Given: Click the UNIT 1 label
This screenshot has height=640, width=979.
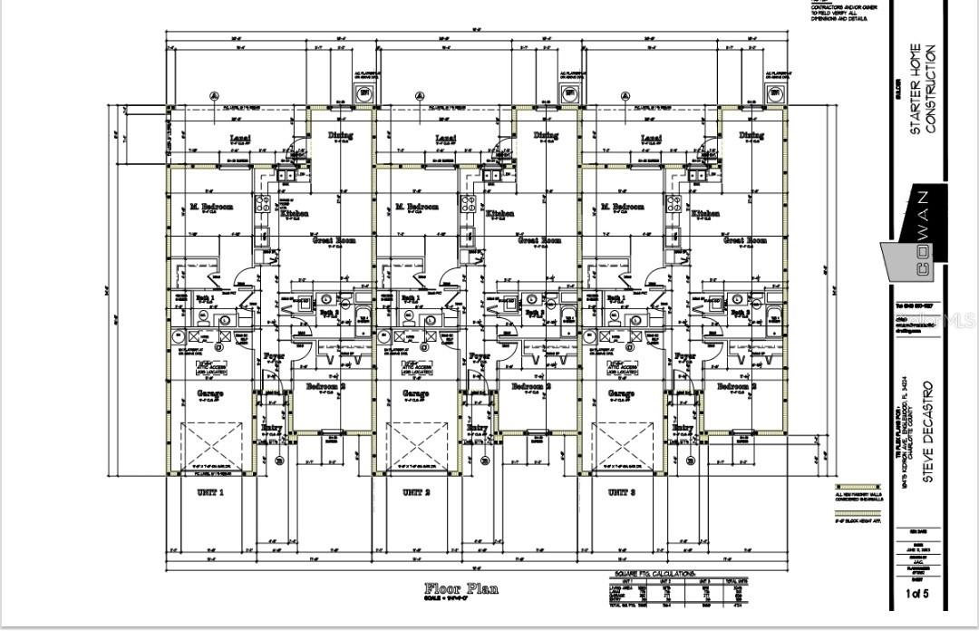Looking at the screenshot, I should tap(210, 492).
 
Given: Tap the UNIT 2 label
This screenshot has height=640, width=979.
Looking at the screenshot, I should tap(415, 492).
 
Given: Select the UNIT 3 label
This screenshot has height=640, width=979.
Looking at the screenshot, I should tap(621, 492).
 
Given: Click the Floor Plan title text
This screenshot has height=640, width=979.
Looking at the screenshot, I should tap(461, 588).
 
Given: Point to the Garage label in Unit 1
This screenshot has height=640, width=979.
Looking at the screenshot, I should tap(211, 393).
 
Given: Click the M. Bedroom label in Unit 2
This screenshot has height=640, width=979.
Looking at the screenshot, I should tap(417, 207).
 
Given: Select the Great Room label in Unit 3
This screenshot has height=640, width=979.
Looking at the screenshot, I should tap(744, 240).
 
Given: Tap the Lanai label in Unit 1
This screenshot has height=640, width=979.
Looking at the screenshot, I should tap(239, 139).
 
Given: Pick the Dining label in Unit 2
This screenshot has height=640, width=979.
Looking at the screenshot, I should tap(546, 135).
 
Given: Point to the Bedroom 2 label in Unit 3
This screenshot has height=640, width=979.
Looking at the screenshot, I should tap(736, 387).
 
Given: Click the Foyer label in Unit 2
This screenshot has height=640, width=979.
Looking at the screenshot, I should tap(479, 356).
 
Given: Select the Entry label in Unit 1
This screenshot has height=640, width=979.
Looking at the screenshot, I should tap(272, 428).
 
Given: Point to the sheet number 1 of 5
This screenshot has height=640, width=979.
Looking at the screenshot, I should tap(917, 595).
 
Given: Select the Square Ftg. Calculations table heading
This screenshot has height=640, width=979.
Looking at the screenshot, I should tap(654, 575).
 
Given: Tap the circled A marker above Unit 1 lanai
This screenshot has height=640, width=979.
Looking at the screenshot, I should tap(215, 95).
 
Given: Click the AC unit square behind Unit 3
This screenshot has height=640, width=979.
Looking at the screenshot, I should tap(776, 92).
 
